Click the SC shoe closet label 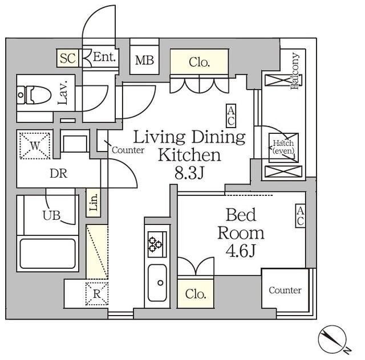68,58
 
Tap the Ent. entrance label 104,57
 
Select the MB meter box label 144,60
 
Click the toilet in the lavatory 34,95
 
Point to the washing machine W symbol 35,146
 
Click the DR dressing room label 59,174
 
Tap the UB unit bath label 51,215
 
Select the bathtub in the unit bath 48,253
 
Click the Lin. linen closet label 94,202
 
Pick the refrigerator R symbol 97,294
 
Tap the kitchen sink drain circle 160,283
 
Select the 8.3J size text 189,173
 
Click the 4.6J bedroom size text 241,251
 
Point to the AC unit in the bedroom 301,215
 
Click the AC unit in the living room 231,116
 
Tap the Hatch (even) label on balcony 283,147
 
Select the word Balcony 295,71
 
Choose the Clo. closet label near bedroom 196,294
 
